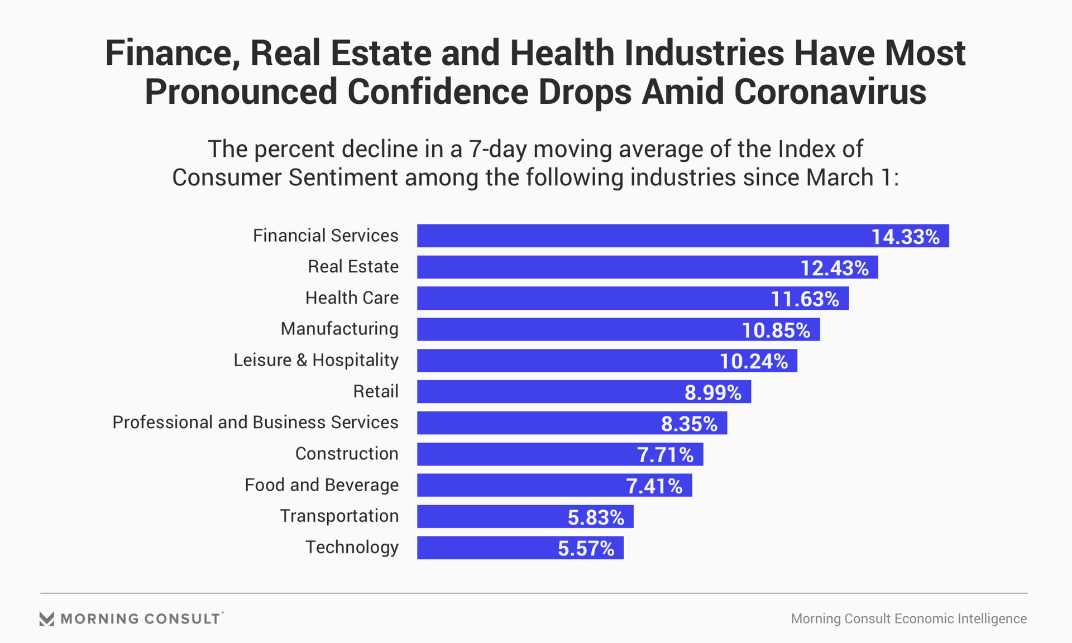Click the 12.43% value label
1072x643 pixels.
click(835, 268)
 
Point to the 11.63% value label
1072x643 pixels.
click(805, 299)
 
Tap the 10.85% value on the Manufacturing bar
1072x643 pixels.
click(776, 330)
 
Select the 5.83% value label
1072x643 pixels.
click(596, 517)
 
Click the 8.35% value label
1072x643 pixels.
click(689, 424)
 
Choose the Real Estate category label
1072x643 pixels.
click(353, 267)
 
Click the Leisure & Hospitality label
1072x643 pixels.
click(316, 360)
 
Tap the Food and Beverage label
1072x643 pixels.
click(322, 484)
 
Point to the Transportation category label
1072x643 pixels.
click(339, 516)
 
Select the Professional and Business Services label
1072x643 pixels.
click(255, 423)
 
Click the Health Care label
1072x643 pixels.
click(352, 298)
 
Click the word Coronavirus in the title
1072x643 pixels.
click(830, 92)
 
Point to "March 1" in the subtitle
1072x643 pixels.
click(849, 177)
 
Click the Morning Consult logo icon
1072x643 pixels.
click(47, 618)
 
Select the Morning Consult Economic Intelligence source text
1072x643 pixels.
click(908, 618)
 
